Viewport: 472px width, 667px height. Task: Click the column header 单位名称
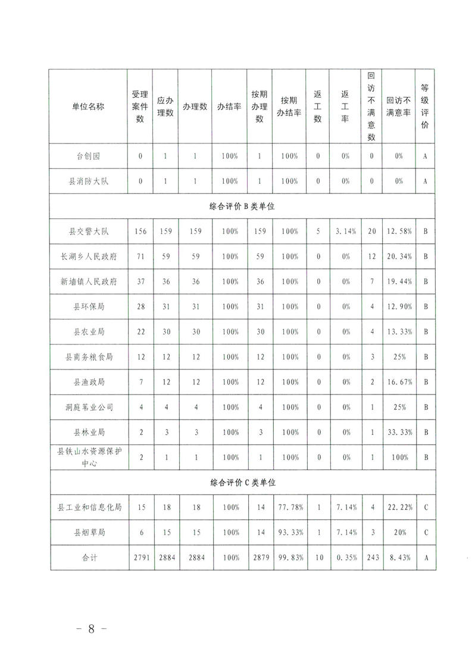pyautogui.click(x=88, y=107)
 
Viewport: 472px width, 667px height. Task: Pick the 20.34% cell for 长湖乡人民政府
pyautogui.click(x=399, y=256)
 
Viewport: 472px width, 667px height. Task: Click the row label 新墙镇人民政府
pyautogui.click(x=88, y=281)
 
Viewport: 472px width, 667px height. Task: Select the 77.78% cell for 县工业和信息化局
pyautogui.click(x=289, y=508)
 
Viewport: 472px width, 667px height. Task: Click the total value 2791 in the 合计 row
pyautogui.click(x=140, y=558)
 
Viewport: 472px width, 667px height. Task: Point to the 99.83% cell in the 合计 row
pyautogui.click(x=289, y=558)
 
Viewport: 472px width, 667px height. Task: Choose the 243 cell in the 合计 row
pyautogui.click(x=372, y=558)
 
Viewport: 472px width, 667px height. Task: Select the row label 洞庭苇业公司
pyautogui.click(x=88, y=408)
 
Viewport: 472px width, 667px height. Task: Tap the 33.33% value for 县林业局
pyautogui.click(x=399, y=433)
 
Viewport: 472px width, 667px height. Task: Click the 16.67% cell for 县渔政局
pyautogui.click(x=399, y=382)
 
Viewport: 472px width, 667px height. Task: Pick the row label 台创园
pyautogui.click(x=88, y=156)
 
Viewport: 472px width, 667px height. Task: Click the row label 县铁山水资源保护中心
pyautogui.click(x=88, y=457)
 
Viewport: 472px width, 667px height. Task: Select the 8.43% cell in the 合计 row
pyautogui.click(x=399, y=558)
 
